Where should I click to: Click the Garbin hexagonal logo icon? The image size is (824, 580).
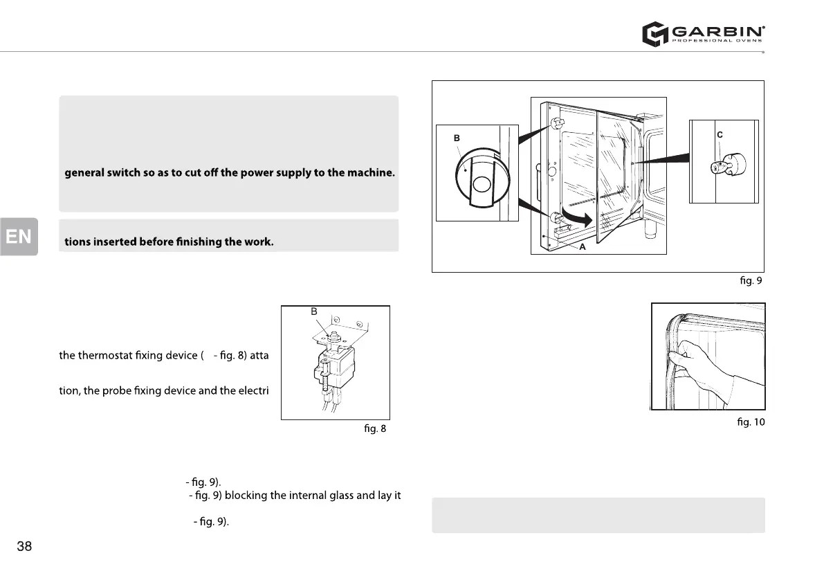pos(654,33)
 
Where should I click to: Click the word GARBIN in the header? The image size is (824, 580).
pos(717,30)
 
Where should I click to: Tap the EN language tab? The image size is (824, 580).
pos(19,237)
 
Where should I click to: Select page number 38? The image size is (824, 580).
pos(24,547)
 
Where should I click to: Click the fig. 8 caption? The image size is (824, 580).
pos(375,428)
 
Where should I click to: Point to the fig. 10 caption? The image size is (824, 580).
pos(751,422)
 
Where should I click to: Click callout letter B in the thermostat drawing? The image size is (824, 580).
pos(314,312)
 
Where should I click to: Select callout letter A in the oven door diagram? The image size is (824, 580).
pos(583,247)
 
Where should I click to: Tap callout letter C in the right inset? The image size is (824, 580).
pos(720,136)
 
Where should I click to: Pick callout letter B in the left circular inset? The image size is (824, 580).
pos(457,138)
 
